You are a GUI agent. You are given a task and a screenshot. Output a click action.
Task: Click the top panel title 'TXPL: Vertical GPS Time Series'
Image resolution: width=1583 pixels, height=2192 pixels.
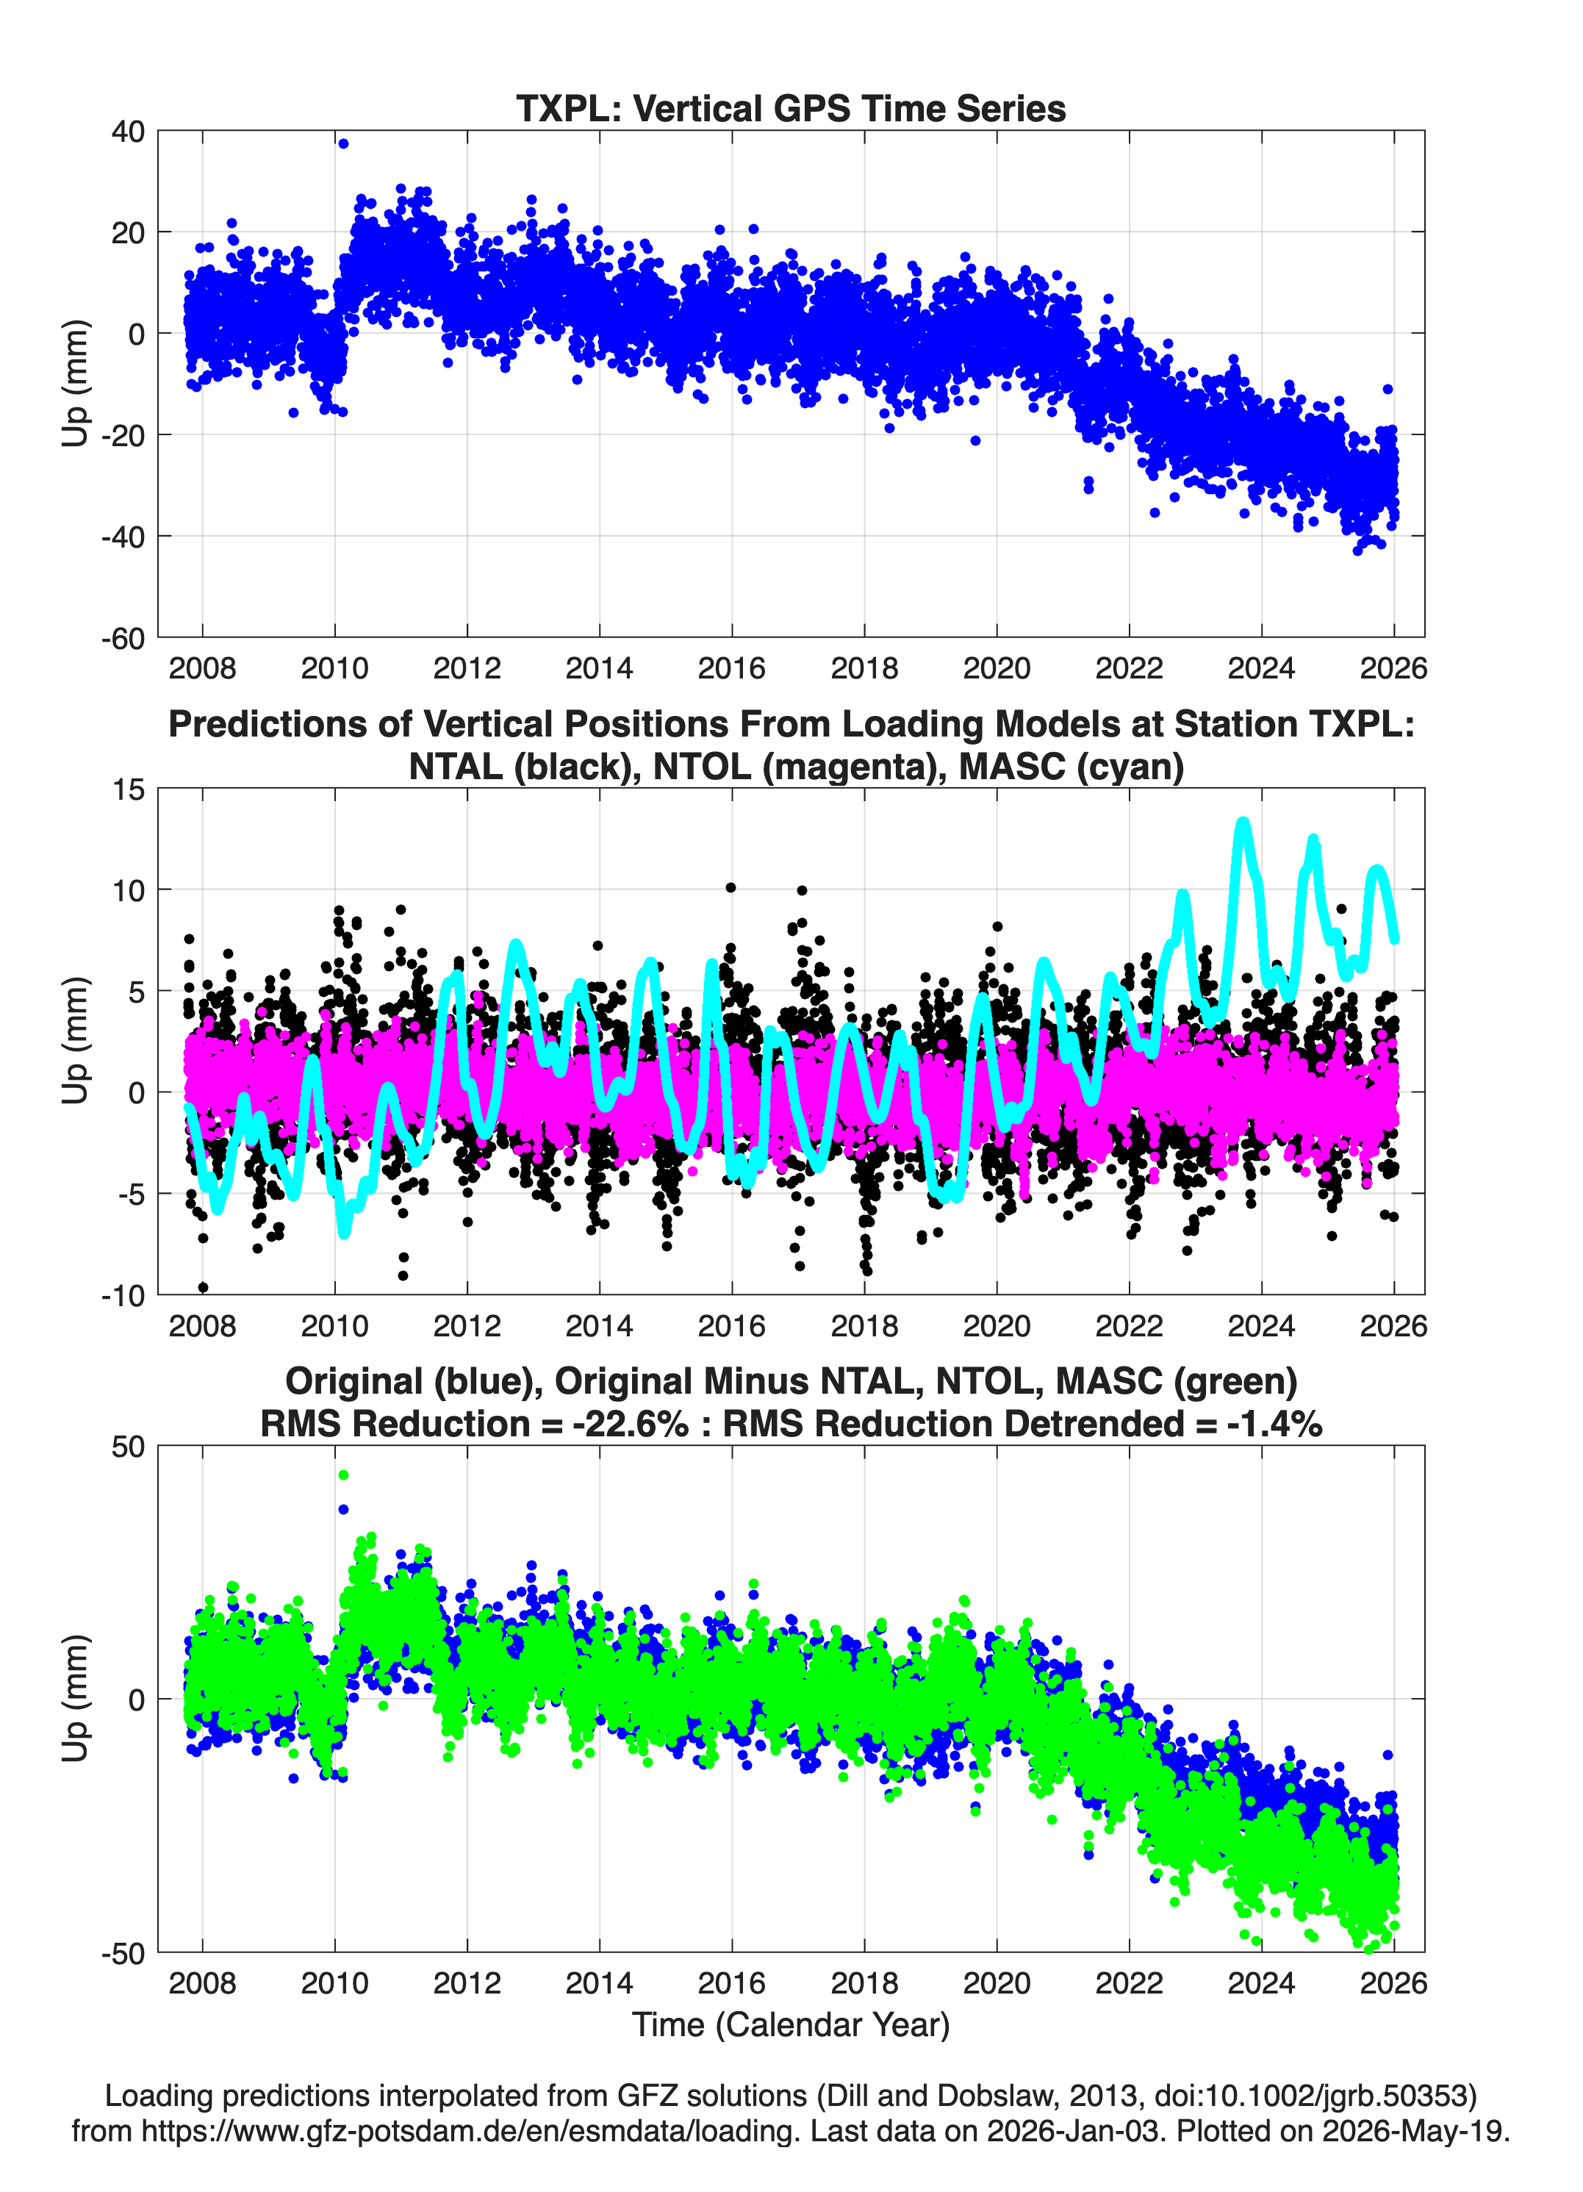tap(791, 108)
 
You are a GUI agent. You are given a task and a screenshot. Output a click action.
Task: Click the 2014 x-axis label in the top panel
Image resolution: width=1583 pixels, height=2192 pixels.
tap(599, 668)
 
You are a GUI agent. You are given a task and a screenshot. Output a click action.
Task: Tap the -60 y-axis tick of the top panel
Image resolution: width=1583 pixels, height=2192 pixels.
tap(123, 638)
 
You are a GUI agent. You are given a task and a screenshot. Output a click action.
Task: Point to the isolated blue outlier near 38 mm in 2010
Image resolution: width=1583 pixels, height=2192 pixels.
tap(343, 144)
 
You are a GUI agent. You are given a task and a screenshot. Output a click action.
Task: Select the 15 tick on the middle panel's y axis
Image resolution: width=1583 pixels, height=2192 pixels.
tap(129, 789)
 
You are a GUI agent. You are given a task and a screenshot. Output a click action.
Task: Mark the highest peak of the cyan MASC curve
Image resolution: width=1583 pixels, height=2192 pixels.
tap(1243, 823)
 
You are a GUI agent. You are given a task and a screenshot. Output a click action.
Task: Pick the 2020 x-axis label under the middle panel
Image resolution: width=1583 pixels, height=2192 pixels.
tap(997, 1325)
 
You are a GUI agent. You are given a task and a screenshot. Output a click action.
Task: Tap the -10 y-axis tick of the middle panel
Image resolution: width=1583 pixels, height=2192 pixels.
tap(123, 1295)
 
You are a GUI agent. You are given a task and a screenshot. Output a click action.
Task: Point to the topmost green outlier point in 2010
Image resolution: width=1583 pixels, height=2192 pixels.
tap(343, 1475)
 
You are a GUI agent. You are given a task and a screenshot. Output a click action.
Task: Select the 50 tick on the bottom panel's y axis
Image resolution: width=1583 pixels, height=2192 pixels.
tap(129, 1447)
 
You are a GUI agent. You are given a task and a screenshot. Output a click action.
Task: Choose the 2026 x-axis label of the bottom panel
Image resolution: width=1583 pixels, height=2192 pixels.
tap(1393, 1983)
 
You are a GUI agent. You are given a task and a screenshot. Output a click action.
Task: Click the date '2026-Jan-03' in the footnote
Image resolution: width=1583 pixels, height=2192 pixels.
tap(1073, 2130)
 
